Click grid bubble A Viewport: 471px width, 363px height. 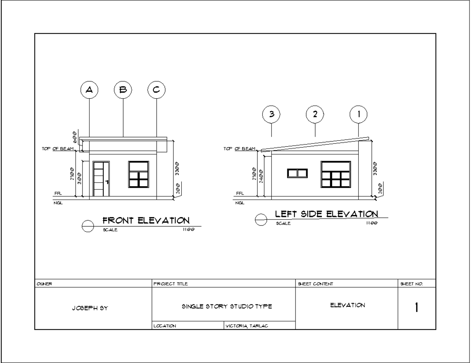pyautogui.click(x=89, y=90)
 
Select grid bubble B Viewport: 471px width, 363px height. pyautogui.click(x=123, y=90)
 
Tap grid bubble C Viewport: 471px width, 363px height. pyautogui.click(x=157, y=90)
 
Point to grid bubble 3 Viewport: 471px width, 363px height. pyautogui.click(x=272, y=114)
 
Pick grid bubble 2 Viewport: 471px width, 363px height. pyautogui.click(x=315, y=114)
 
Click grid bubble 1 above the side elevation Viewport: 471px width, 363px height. pyautogui.click(x=359, y=114)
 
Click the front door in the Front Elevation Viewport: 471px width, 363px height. pyautogui.click(x=101, y=179)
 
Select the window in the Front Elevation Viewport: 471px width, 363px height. pyautogui.click(x=139, y=174)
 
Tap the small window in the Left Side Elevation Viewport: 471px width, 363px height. pyautogui.click(x=297, y=173)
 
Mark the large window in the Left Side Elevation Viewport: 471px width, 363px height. pyautogui.click(x=336, y=174)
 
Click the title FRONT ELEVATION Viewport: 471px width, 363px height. pyautogui.click(x=146, y=221)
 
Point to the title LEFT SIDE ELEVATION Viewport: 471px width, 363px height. pyautogui.click(x=327, y=214)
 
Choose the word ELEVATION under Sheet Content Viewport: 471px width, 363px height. pyautogui.click(x=347, y=305)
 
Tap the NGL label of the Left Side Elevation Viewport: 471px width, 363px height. pyautogui.click(x=239, y=203)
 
